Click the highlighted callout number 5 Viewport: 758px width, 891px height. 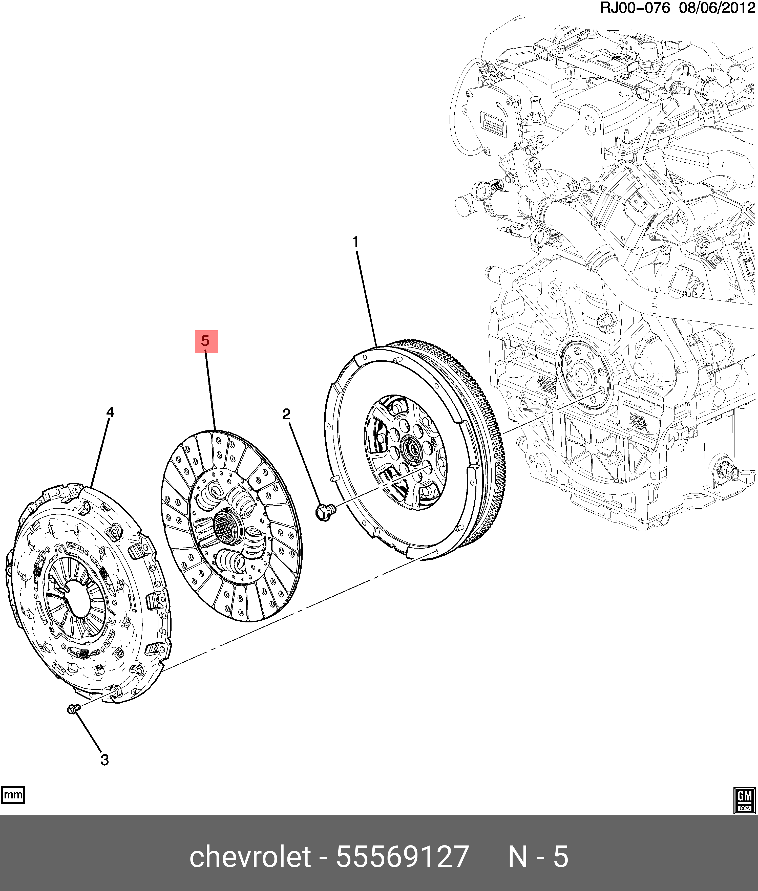[x=206, y=341]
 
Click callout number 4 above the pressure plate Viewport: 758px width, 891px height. [x=110, y=412]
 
